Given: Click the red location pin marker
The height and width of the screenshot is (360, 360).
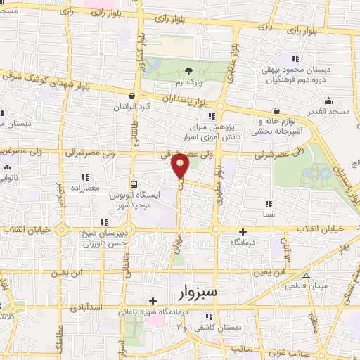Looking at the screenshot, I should [x=180, y=166].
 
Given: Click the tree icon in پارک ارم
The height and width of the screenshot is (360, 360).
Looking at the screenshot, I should [x=188, y=70].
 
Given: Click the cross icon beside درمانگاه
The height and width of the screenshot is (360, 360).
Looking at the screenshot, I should [x=243, y=231].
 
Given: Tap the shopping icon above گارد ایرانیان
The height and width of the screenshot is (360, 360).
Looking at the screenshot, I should [x=131, y=96].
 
